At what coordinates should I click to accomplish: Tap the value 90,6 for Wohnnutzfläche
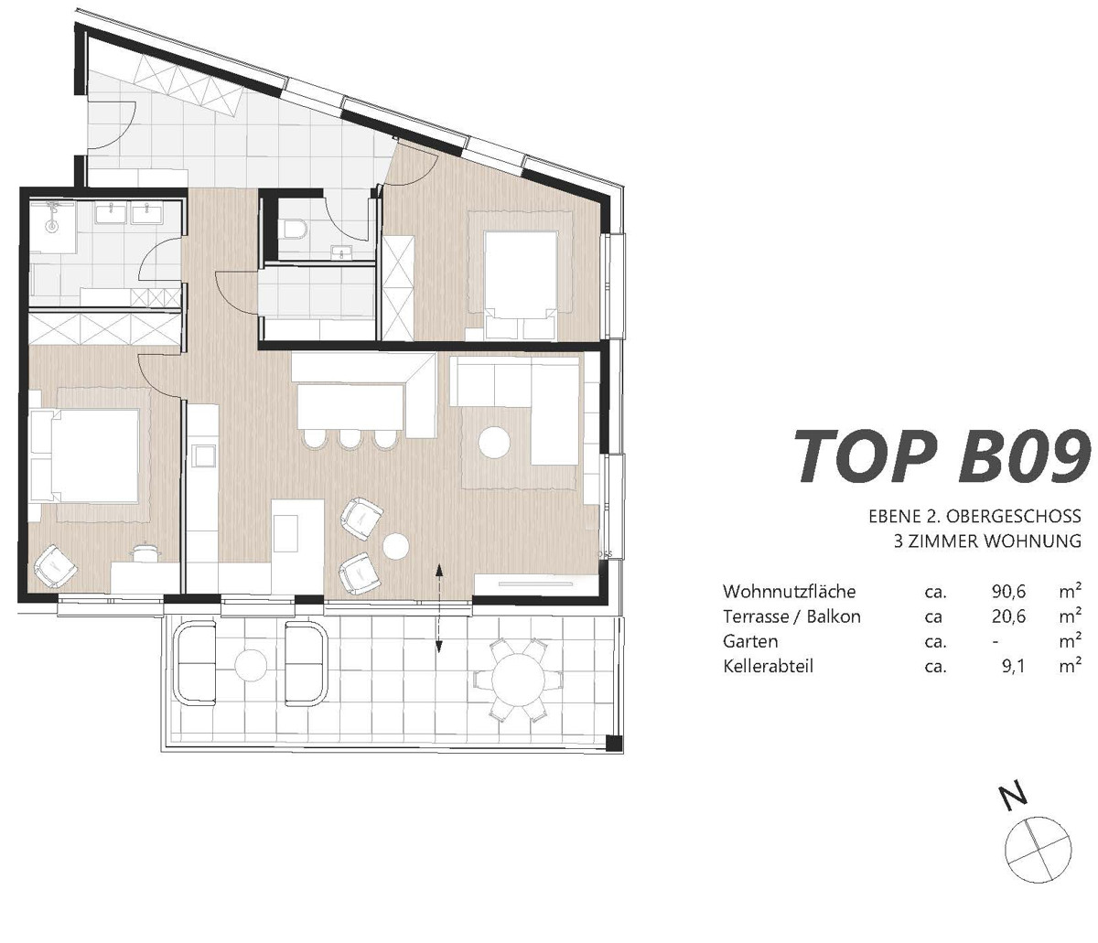click(x=1008, y=592)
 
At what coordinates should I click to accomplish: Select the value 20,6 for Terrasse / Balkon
click(x=1008, y=616)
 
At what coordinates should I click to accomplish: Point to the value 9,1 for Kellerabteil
click(x=1013, y=667)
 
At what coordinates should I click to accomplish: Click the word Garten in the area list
click(x=750, y=641)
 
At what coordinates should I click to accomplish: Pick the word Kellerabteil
click(x=768, y=666)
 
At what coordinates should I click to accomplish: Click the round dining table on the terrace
click(x=518, y=679)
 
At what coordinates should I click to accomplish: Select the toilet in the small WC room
click(x=296, y=229)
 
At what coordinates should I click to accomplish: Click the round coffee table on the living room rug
click(x=494, y=442)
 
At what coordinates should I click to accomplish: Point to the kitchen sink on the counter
click(x=205, y=455)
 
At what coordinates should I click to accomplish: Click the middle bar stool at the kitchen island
click(x=350, y=439)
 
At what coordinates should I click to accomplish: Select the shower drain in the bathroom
click(x=52, y=226)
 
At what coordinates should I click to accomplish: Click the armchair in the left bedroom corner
click(x=55, y=566)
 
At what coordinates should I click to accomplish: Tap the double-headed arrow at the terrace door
click(x=439, y=608)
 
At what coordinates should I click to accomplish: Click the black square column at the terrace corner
click(x=614, y=743)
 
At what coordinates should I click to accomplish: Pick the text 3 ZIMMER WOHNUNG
click(x=987, y=541)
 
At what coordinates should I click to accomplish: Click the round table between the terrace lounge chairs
click(x=250, y=664)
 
